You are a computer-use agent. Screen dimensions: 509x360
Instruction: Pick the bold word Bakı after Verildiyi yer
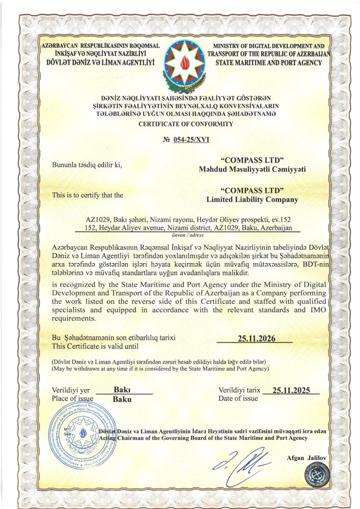[x=122, y=390]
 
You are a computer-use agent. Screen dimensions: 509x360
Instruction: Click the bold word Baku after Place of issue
[x=122, y=399]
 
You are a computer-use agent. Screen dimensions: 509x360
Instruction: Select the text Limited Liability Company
[x=252, y=200]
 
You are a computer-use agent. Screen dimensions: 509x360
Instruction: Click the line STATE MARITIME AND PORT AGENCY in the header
[x=268, y=63]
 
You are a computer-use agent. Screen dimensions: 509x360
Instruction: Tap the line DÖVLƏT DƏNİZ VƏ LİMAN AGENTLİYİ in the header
[x=100, y=63]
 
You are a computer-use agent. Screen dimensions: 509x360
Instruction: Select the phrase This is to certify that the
[x=88, y=195]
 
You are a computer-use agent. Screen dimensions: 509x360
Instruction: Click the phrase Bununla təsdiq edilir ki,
[x=87, y=165]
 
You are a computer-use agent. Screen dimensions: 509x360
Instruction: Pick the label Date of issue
[x=238, y=399]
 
